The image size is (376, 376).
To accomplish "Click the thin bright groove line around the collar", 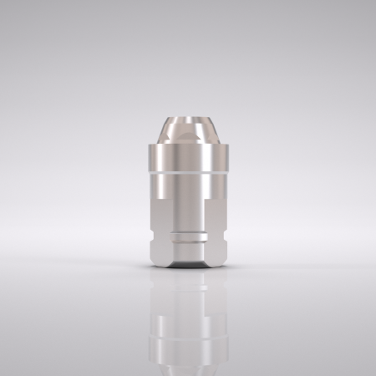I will (188, 173).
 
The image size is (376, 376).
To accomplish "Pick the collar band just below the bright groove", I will (188, 185).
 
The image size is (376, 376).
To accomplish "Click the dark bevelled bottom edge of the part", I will (188, 266).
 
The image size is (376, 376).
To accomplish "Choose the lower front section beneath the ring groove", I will (188, 254).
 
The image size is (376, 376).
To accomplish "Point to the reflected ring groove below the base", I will (188, 292).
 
